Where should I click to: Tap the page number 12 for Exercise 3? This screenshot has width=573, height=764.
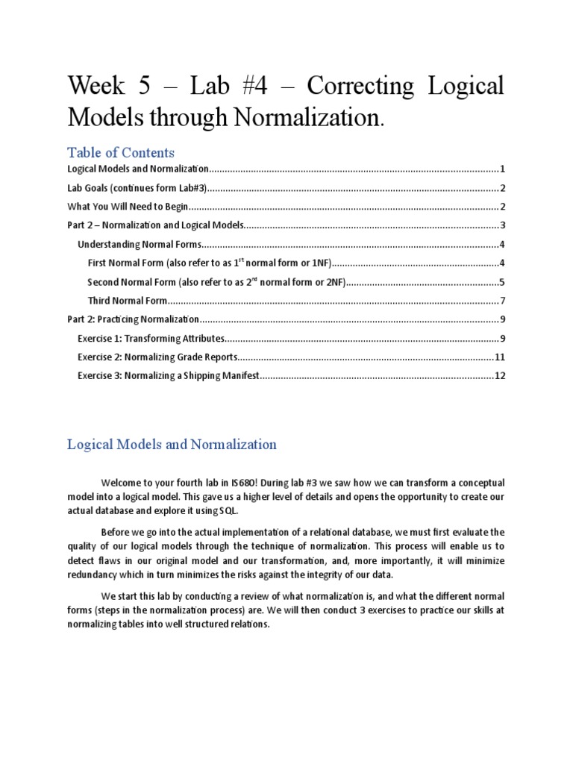point(500,376)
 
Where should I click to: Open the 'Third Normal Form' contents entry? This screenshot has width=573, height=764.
point(125,301)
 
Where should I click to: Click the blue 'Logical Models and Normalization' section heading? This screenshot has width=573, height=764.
point(172,445)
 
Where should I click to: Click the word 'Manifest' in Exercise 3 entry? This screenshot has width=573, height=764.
point(238,376)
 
